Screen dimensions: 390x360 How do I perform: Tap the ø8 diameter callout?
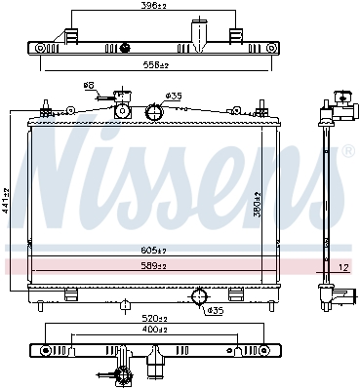(89, 87)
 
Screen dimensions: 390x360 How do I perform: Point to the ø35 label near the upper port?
(174, 96)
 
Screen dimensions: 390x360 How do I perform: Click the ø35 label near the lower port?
(217, 311)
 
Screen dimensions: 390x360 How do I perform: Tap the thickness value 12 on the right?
(342, 266)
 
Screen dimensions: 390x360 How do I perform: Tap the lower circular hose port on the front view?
(199, 296)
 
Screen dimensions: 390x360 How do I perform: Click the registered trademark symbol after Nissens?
(347, 152)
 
